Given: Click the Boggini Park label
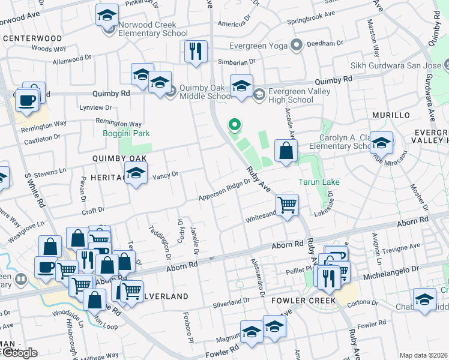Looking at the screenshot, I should (125, 133).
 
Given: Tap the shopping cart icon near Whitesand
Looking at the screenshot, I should (288, 205).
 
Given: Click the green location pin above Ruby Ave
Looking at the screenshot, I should (235, 125).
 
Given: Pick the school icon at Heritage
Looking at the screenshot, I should (136, 175).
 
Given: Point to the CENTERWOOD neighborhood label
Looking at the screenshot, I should (32, 38).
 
